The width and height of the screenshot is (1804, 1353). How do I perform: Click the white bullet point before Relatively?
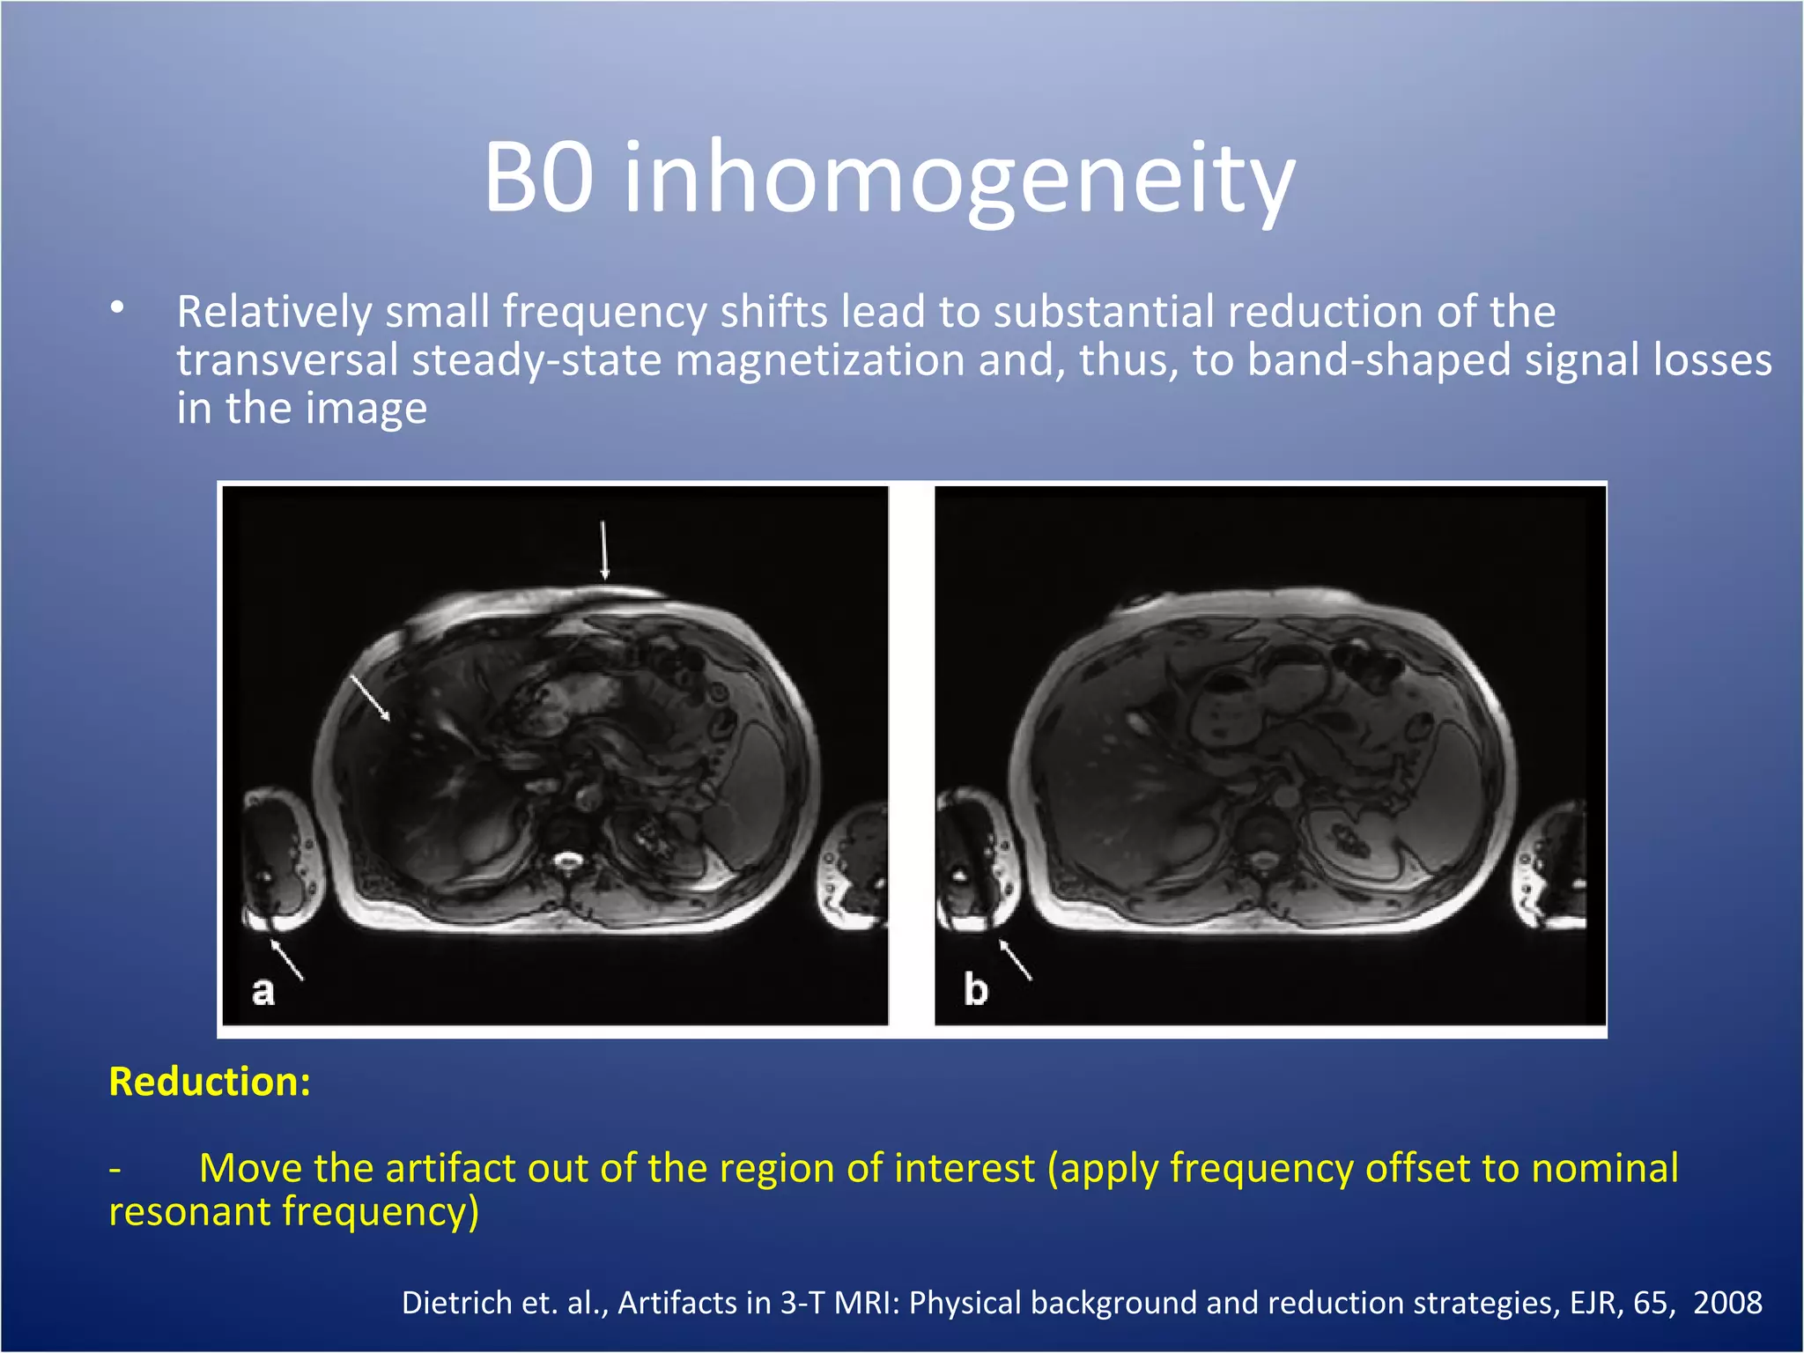coord(117,308)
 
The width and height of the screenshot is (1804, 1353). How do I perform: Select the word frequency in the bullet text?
coord(604,313)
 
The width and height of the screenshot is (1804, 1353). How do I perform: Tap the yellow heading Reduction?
coord(210,1082)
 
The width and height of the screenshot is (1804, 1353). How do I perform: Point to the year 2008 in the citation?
coord(1727,1303)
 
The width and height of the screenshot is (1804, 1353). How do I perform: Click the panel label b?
coord(975,990)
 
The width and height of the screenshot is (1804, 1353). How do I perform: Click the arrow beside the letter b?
coord(1015,959)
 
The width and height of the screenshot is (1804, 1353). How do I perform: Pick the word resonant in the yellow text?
coord(189,1212)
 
